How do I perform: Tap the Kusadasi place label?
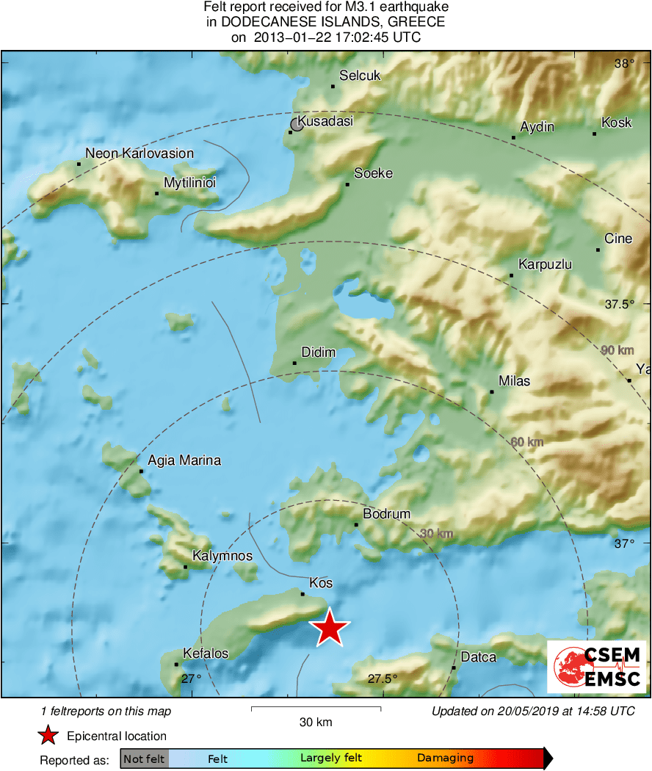pos(325,121)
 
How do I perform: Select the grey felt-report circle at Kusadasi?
pos(297,125)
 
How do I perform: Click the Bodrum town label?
pos(387,514)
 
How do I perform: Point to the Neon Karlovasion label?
pos(140,153)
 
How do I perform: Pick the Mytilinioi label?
pos(189,183)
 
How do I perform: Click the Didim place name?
pos(319,352)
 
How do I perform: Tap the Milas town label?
pos(514,381)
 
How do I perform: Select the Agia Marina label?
pos(184,461)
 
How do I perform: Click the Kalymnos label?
pos(222,556)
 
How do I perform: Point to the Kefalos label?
pos(206,654)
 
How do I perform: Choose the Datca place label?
pos(479,657)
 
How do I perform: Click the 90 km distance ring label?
pos(617,350)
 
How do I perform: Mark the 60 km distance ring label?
pos(526,442)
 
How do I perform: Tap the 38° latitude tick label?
pos(624,64)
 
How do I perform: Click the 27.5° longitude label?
pos(382,679)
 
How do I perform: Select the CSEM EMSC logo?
pos(597,667)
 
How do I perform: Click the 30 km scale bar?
pos(316,709)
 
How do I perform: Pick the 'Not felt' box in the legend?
pos(145,759)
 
